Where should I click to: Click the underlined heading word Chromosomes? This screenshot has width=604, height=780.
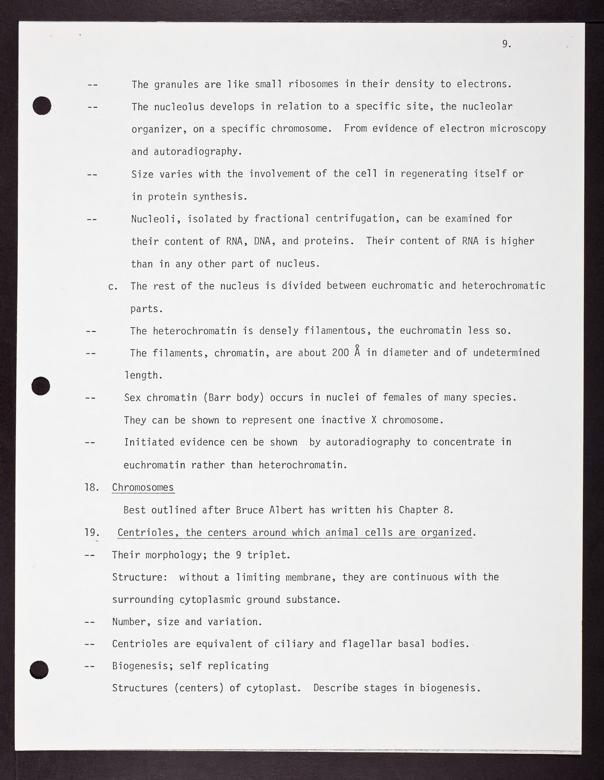pyautogui.click(x=143, y=487)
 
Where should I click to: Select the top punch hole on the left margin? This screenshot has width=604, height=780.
pyautogui.click(x=42, y=105)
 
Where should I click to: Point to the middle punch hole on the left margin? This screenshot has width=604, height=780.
pyautogui.click(x=40, y=386)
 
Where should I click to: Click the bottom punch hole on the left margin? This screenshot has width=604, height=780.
pyautogui.click(x=39, y=669)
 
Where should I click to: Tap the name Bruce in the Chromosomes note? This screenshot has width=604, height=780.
pyautogui.click(x=250, y=510)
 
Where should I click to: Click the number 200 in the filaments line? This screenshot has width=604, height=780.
pyautogui.click(x=341, y=353)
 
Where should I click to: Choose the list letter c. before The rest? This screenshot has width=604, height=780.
pyautogui.click(x=113, y=286)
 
